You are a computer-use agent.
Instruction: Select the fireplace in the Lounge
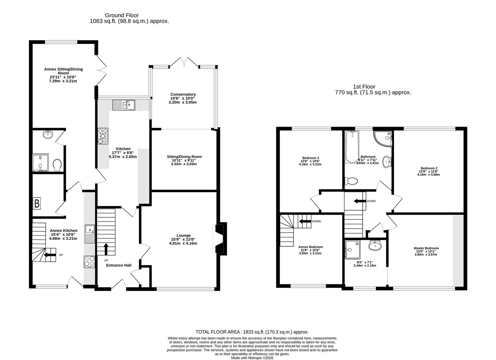(x=220, y=239)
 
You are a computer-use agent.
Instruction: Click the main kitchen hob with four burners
(x=103, y=136)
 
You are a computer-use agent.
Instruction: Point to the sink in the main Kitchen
(x=123, y=105)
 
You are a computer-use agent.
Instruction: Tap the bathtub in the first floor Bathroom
(x=352, y=147)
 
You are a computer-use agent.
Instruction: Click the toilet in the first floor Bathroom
(x=351, y=181)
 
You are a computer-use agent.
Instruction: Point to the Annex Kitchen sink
(x=90, y=234)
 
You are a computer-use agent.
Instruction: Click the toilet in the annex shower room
(x=57, y=165)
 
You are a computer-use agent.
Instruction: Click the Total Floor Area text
(x=252, y=332)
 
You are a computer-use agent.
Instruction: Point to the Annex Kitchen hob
(x=90, y=262)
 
